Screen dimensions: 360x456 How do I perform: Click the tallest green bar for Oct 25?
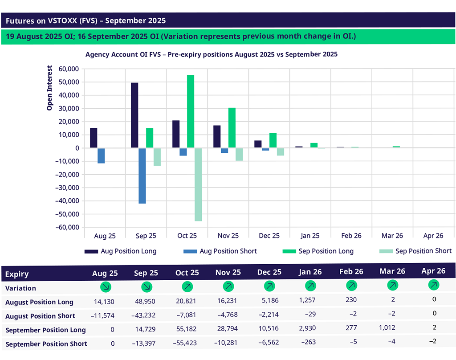(191, 111)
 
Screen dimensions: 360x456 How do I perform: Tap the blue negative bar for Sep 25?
(142, 176)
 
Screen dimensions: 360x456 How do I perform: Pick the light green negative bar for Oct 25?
(198, 184)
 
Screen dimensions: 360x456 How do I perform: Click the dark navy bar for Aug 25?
(94, 138)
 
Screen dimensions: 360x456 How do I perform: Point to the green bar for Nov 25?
(232, 128)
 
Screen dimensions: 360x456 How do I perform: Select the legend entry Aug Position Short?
(220, 251)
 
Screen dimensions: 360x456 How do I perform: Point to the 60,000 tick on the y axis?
(66, 69)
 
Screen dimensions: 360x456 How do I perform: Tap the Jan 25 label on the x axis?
(310, 236)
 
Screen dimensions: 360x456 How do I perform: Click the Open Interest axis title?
(49, 88)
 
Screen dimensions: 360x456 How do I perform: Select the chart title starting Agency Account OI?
(212, 54)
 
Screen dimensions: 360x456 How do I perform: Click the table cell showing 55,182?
(187, 330)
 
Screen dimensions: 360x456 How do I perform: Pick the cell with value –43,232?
(145, 315)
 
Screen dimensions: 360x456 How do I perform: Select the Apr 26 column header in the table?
(433, 270)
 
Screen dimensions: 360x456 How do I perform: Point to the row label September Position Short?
(46, 344)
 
